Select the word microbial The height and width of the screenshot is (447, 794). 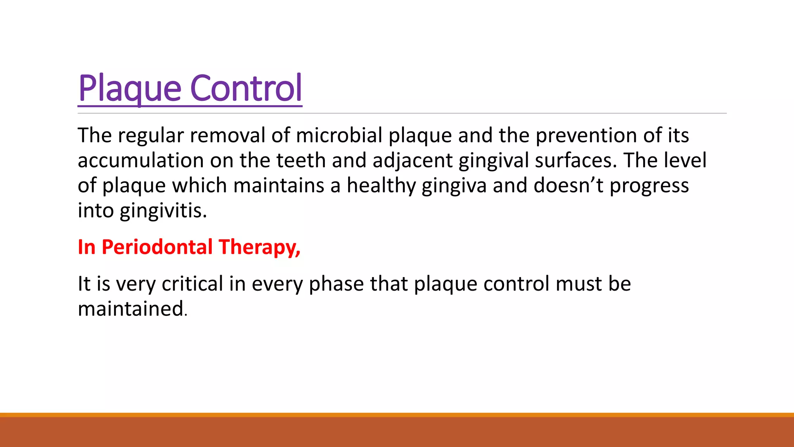click(x=339, y=135)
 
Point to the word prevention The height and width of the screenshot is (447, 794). click(x=586, y=135)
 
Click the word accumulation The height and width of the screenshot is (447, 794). click(x=141, y=161)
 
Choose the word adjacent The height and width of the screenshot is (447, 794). click(x=413, y=161)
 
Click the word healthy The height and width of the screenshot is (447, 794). click(x=381, y=185)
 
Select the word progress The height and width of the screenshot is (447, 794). click(x=649, y=186)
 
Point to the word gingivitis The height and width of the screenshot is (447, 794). click(x=163, y=211)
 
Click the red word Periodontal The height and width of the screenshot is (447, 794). click(x=157, y=247)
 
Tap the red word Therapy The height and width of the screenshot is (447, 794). click(x=259, y=248)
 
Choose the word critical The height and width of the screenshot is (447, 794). click(x=192, y=284)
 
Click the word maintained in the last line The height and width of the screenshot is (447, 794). click(x=131, y=309)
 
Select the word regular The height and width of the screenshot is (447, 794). click(x=151, y=136)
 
